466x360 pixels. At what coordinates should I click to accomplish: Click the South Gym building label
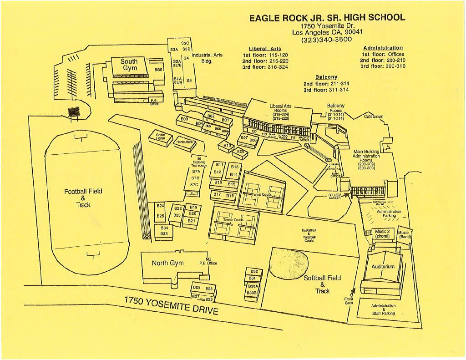tap(129, 65)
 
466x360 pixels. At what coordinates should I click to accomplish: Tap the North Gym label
tap(168, 263)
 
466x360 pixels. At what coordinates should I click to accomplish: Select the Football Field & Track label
tap(83, 198)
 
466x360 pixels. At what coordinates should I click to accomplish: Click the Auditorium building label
tap(383, 267)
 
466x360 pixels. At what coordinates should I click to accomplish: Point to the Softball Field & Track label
tap(322, 284)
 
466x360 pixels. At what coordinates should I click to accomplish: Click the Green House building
tap(161, 136)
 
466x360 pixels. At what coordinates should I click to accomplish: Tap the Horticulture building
tap(184, 142)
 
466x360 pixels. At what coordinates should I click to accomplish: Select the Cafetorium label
tap(374, 117)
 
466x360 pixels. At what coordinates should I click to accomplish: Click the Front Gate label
tap(349, 301)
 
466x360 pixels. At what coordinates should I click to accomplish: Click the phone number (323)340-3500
tap(327, 40)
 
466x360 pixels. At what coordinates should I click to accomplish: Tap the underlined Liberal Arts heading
tap(265, 49)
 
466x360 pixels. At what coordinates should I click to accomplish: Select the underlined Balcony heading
tap(326, 77)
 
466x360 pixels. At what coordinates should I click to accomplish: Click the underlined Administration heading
tap(383, 48)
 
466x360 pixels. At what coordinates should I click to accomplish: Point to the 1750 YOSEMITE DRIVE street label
tap(172, 305)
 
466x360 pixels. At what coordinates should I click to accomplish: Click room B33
tap(164, 234)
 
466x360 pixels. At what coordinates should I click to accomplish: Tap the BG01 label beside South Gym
tap(159, 70)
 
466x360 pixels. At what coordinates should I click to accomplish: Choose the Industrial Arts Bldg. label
tap(207, 58)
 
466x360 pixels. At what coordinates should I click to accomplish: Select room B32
tap(254, 272)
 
